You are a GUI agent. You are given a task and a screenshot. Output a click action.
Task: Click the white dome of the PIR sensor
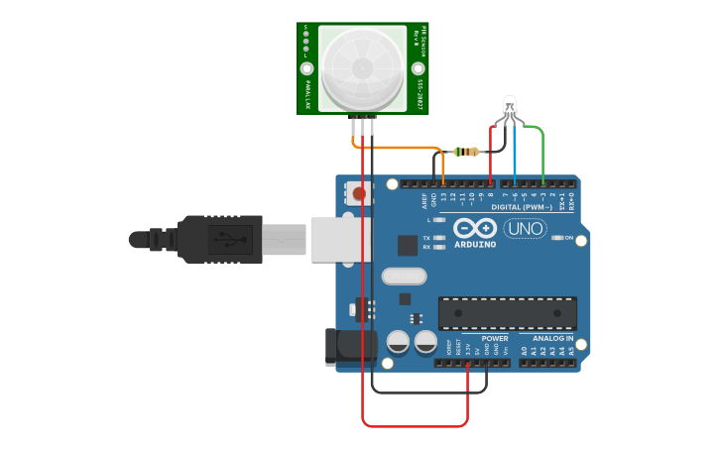pos(362,66)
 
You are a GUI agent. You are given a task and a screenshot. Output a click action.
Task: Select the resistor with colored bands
pos(466,152)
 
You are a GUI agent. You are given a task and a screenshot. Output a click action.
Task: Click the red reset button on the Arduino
pos(359,193)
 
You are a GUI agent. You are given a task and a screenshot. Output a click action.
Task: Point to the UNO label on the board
pos(525,229)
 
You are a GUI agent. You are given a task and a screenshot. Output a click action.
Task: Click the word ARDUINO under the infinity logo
pos(474,244)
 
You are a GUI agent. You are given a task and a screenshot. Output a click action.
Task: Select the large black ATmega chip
pos(507,312)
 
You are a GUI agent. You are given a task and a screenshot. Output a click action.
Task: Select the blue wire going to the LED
pos(515,159)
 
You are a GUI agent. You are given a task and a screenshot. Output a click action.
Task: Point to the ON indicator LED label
pos(569,238)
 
